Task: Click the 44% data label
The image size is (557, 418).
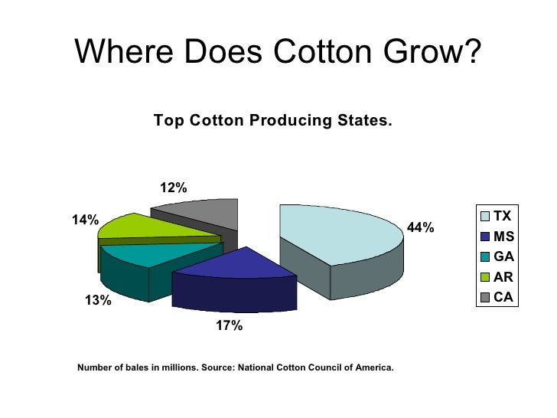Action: click(420, 227)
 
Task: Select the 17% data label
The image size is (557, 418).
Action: click(229, 326)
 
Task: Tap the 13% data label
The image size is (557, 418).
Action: click(97, 300)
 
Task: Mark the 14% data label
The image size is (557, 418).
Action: click(85, 220)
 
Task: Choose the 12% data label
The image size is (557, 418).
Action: click(173, 188)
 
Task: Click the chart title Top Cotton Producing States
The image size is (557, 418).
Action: click(272, 121)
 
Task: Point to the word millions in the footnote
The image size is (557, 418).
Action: click(178, 367)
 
